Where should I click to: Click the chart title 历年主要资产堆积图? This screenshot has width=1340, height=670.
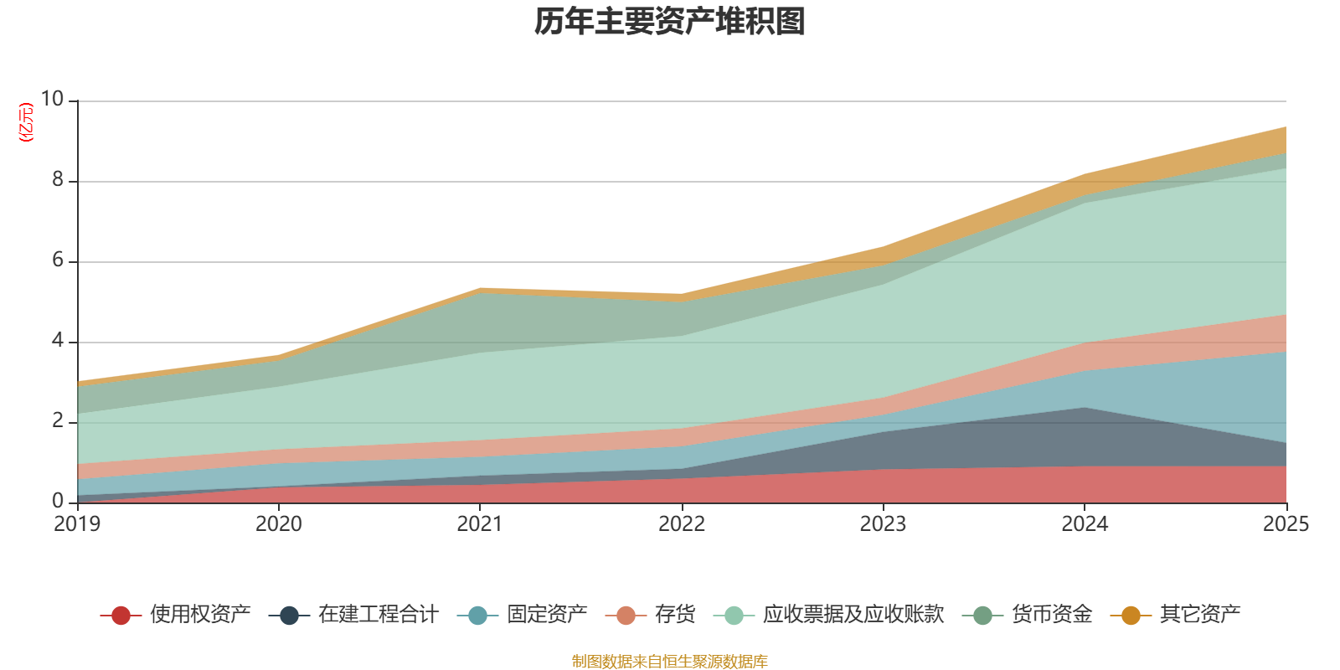pyautogui.click(x=669, y=22)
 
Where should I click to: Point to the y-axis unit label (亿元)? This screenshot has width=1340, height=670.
pyautogui.click(x=26, y=122)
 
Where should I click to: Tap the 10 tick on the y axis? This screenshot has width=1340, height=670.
pyautogui.click(x=52, y=99)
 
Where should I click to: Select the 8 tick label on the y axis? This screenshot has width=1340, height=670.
pyautogui.click(x=58, y=179)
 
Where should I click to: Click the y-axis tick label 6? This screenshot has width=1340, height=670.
pyautogui.click(x=58, y=260)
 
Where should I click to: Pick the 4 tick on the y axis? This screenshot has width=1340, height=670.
pyautogui.click(x=58, y=340)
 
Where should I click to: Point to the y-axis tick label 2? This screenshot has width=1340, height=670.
pyautogui.click(x=58, y=420)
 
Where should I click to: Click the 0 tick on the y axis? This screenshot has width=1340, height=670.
pyautogui.click(x=58, y=501)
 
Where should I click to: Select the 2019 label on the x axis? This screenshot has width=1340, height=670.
pyautogui.click(x=77, y=524)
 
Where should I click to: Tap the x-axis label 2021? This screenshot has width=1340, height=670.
pyautogui.click(x=480, y=524)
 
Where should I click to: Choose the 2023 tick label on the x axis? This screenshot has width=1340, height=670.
pyautogui.click(x=883, y=524)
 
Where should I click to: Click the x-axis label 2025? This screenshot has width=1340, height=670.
pyautogui.click(x=1286, y=524)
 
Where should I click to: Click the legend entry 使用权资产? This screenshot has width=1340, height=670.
pyautogui.click(x=175, y=615)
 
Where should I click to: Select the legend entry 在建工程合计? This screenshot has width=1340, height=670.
pyautogui.click(x=353, y=615)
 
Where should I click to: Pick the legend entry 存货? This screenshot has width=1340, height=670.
pyautogui.click(x=650, y=615)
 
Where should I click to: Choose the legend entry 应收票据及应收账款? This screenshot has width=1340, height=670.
pyautogui.click(x=829, y=615)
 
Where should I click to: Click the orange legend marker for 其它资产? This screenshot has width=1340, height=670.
pyautogui.click(x=1131, y=615)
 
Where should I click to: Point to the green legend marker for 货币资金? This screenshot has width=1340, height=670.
pyautogui.click(x=982, y=615)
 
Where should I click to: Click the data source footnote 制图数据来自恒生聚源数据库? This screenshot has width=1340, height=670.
pyautogui.click(x=669, y=661)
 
